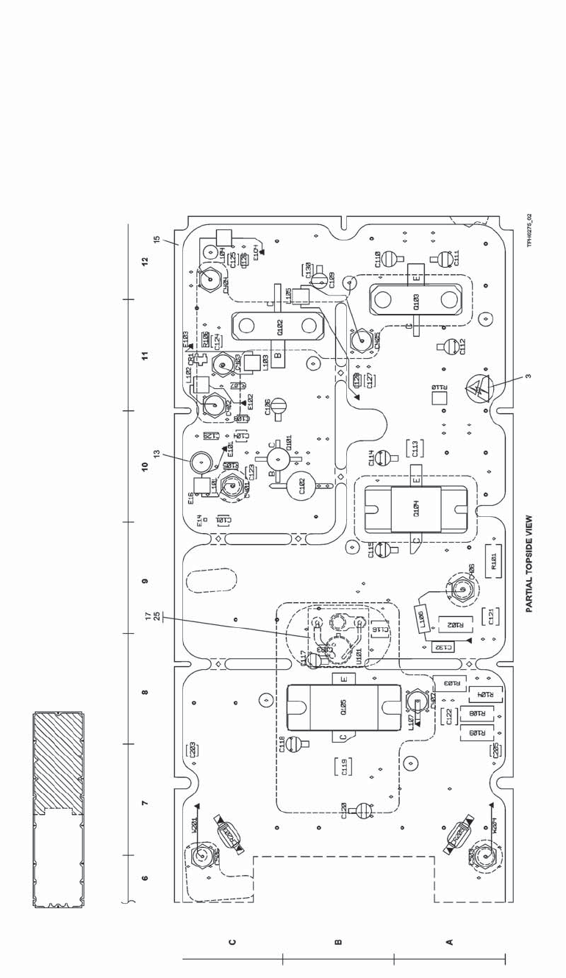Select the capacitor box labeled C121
pos(491,616)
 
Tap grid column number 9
pos(145,581)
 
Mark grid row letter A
pos(449,940)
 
